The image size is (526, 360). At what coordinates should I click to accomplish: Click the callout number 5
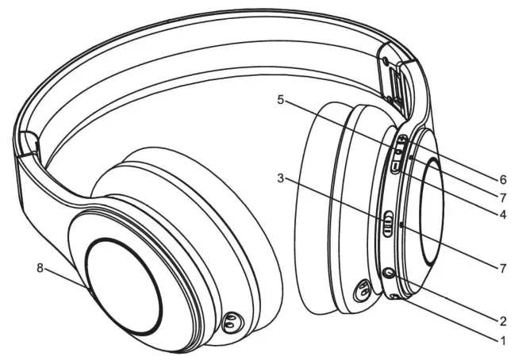[x=280, y=101]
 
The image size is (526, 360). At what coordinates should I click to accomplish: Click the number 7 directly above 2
[x=502, y=268]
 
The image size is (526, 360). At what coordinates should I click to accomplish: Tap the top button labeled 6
[x=401, y=142]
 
